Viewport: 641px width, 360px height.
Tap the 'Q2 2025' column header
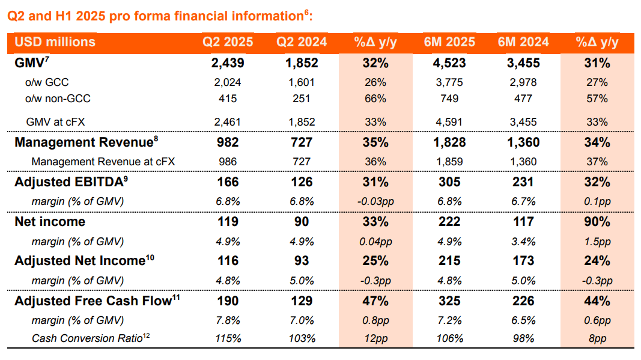point(227,42)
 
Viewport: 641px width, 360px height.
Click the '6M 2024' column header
point(523,42)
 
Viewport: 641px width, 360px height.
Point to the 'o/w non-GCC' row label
point(58,99)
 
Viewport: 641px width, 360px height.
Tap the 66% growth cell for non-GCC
point(376,99)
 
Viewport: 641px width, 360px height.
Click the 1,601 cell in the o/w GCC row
point(302,82)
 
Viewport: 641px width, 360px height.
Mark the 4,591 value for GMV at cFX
point(449,122)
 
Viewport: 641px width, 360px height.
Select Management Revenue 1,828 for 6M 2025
point(449,142)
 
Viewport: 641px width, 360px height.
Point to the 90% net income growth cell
point(597,222)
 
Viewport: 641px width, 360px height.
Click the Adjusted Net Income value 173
point(523,261)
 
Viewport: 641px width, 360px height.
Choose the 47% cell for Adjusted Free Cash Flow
point(376,301)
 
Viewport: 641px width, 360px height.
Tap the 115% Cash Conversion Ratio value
point(228,338)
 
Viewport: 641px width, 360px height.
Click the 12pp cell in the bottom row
point(376,338)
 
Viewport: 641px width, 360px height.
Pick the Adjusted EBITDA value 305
point(449,182)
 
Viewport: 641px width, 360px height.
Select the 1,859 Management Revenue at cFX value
point(449,161)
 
